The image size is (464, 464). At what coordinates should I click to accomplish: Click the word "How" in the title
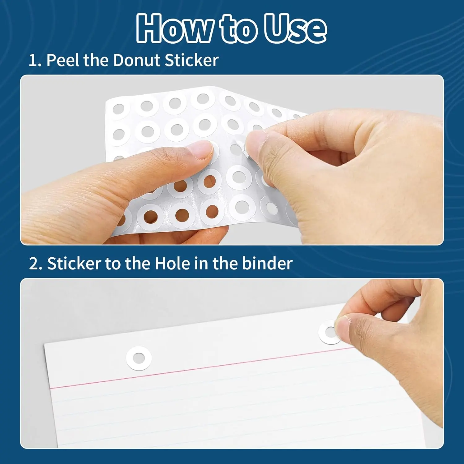(x=174, y=28)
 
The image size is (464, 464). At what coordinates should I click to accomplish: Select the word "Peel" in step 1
(x=63, y=60)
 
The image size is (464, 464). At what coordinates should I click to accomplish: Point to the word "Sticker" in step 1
(x=191, y=60)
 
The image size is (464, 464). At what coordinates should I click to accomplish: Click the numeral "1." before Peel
(x=35, y=60)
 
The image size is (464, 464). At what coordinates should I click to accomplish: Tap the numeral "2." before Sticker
(x=36, y=264)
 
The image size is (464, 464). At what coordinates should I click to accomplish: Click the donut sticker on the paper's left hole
(x=139, y=358)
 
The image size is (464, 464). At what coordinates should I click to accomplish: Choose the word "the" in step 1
(x=97, y=60)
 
